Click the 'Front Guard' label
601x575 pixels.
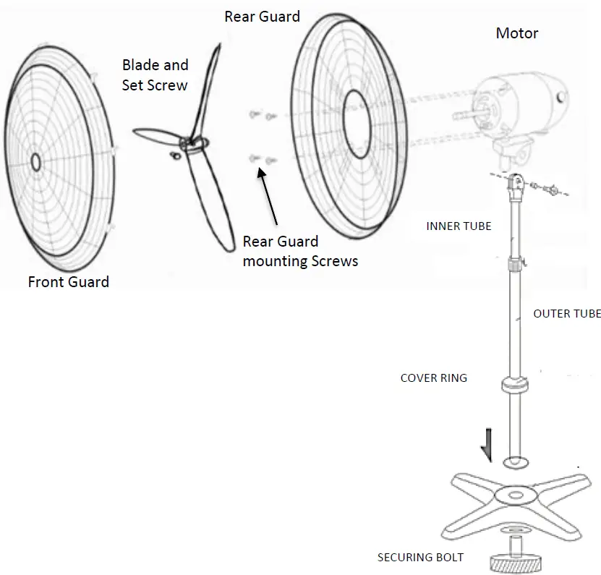coord(68,281)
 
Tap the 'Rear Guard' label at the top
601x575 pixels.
coord(262,16)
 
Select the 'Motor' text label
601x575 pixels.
coord(516,33)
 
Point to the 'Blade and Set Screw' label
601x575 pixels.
coord(155,74)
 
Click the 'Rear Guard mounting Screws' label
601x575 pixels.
coord(300,251)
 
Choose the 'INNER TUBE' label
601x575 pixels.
coord(459,226)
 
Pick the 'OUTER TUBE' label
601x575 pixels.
coord(567,313)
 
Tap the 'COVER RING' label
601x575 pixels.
coord(434,378)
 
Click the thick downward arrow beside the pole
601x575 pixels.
coord(489,443)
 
